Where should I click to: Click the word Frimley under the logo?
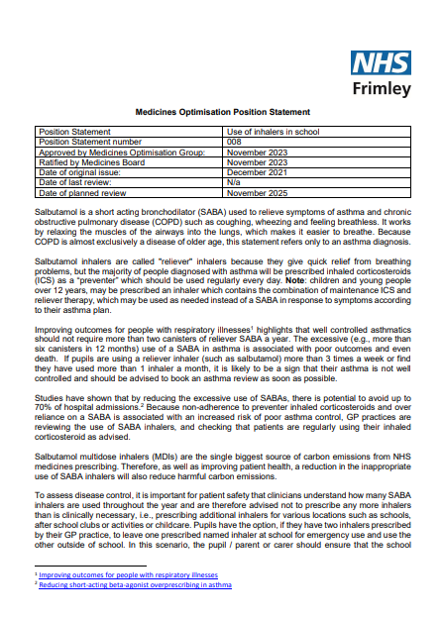(382, 89)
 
